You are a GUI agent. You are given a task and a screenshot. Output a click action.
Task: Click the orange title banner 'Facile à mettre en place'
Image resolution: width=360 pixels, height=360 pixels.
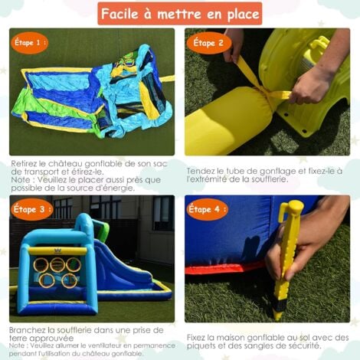tap(180, 13)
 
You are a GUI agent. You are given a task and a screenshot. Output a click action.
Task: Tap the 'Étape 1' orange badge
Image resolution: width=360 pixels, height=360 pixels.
tap(30, 42)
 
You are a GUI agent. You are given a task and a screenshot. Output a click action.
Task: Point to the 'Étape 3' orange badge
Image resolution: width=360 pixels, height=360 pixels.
tap(31, 208)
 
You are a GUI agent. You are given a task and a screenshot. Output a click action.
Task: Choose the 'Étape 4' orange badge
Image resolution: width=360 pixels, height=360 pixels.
tap(208, 208)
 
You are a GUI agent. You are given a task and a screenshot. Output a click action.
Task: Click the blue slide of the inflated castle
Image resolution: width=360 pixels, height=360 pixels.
tap(123, 264)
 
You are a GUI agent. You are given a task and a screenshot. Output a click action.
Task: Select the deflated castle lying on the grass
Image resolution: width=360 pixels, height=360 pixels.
tap(92, 92)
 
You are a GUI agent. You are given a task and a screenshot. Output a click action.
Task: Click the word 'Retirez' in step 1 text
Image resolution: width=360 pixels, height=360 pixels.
tap(28, 163)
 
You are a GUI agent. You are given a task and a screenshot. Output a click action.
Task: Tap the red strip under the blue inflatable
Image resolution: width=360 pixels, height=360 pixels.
tap(222, 268)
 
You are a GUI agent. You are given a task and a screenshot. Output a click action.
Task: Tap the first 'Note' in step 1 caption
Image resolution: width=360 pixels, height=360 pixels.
tap(21, 172)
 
